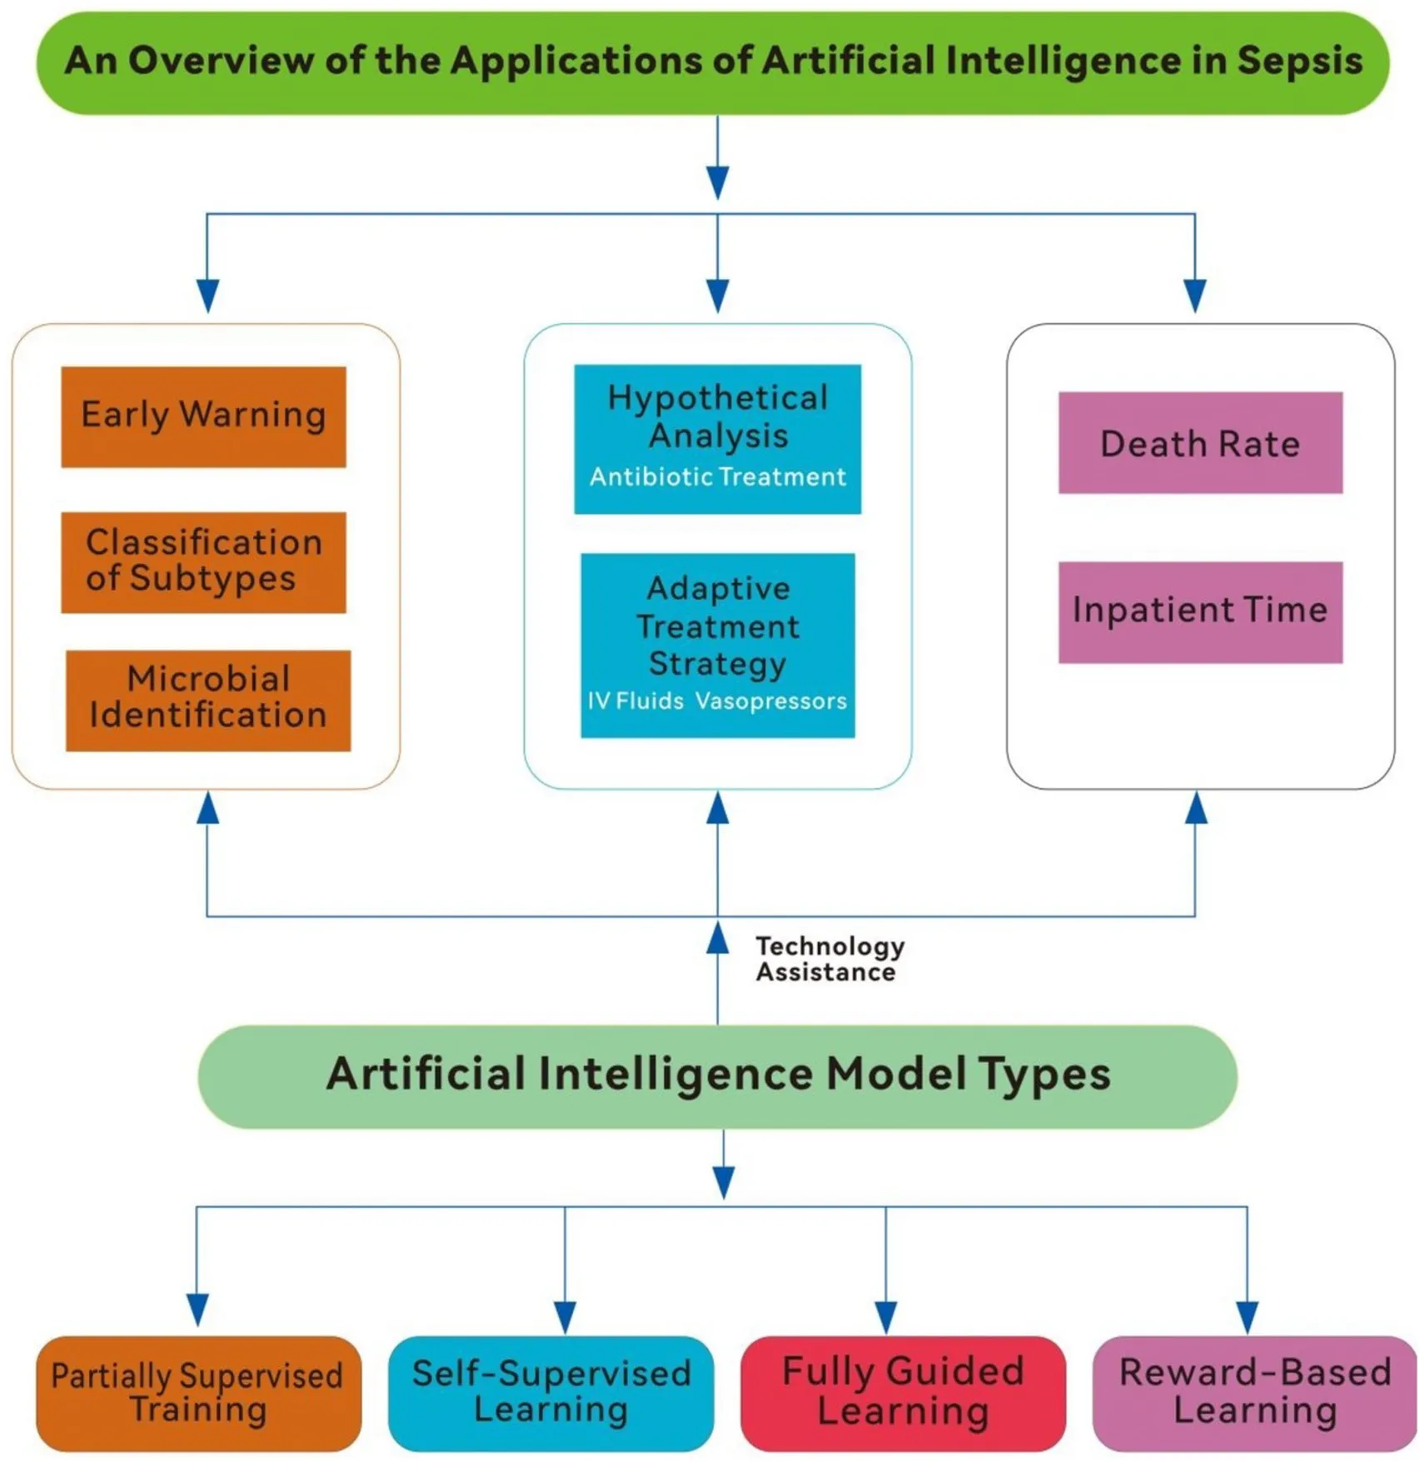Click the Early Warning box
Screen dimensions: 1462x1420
[x=203, y=417]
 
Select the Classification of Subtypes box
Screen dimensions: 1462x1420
[x=203, y=562]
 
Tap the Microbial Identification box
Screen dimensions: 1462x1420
[x=208, y=700]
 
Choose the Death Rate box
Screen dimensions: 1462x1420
[x=1200, y=443]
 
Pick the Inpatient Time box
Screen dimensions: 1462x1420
[x=1200, y=611]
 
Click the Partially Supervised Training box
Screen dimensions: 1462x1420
[x=198, y=1393]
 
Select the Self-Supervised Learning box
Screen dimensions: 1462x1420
[x=551, y=1393]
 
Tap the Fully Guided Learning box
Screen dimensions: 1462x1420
[x=903, y=1393]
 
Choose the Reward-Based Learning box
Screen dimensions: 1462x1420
[x=1254, y=1393]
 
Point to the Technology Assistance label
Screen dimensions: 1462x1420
[x=829, y=959]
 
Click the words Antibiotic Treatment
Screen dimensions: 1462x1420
[x=717, y=477]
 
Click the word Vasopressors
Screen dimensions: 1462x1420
[x=770, y=701]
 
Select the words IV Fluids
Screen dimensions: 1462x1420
[x=635, y=701]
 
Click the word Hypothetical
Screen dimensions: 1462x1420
[x=717, y=398]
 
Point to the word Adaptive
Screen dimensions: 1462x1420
[x=718, y=589]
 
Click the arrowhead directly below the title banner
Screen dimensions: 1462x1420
[x=718, y=182]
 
